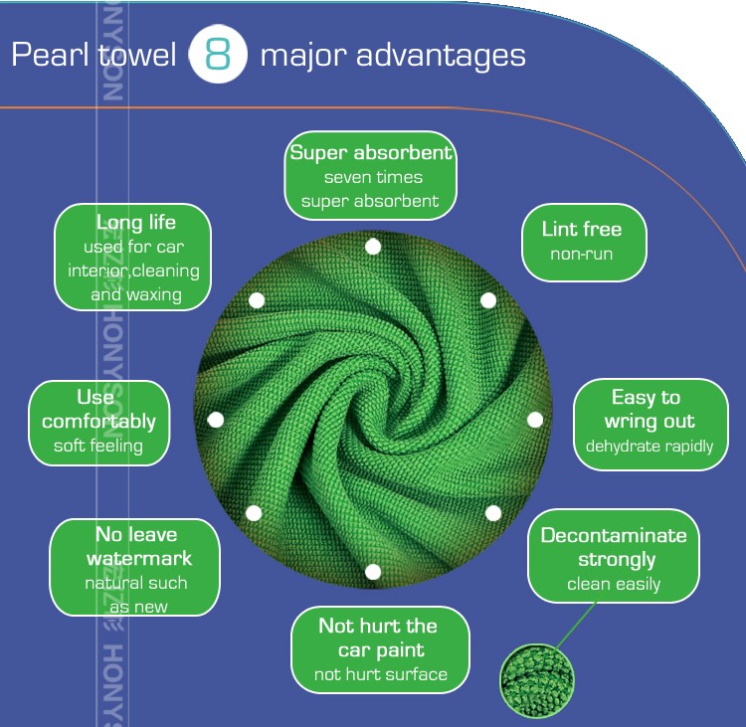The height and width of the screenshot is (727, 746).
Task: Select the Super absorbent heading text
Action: pyautogui.click(x=371, y=153)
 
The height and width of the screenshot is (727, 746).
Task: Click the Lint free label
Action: pyautogui.click(x=582, y=229)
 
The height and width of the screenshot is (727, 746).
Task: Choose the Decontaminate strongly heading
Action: pyautogui.click(x=614, y=547)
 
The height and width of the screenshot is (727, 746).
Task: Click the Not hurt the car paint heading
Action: pyautogui.click(x=378, y=637)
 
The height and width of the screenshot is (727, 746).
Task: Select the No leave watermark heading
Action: pyautogui.click(x=137, y=546)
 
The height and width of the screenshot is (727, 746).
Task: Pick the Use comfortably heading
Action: pyautogui.click(x=98, y=410)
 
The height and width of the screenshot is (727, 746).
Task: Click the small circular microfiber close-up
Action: pyautogui.click(x=537, y=680)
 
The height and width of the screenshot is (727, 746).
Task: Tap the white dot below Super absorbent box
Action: pyautogui.click(x=373, y=246)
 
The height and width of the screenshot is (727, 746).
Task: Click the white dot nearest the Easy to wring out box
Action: pyautogui.click(x=535, y=419)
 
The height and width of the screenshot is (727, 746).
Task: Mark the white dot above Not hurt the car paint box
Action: pyautogui.click(x=373, y=572)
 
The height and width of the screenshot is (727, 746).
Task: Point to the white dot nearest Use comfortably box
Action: pyautogui.click(x=215, y=419)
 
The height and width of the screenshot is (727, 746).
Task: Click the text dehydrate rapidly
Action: pyautogui.click(x=650, y=447)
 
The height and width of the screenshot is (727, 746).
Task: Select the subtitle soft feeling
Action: pyautogui.click(x=98, y=447)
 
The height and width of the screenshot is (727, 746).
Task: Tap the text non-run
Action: pyautogui.click(x=582, y=255)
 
